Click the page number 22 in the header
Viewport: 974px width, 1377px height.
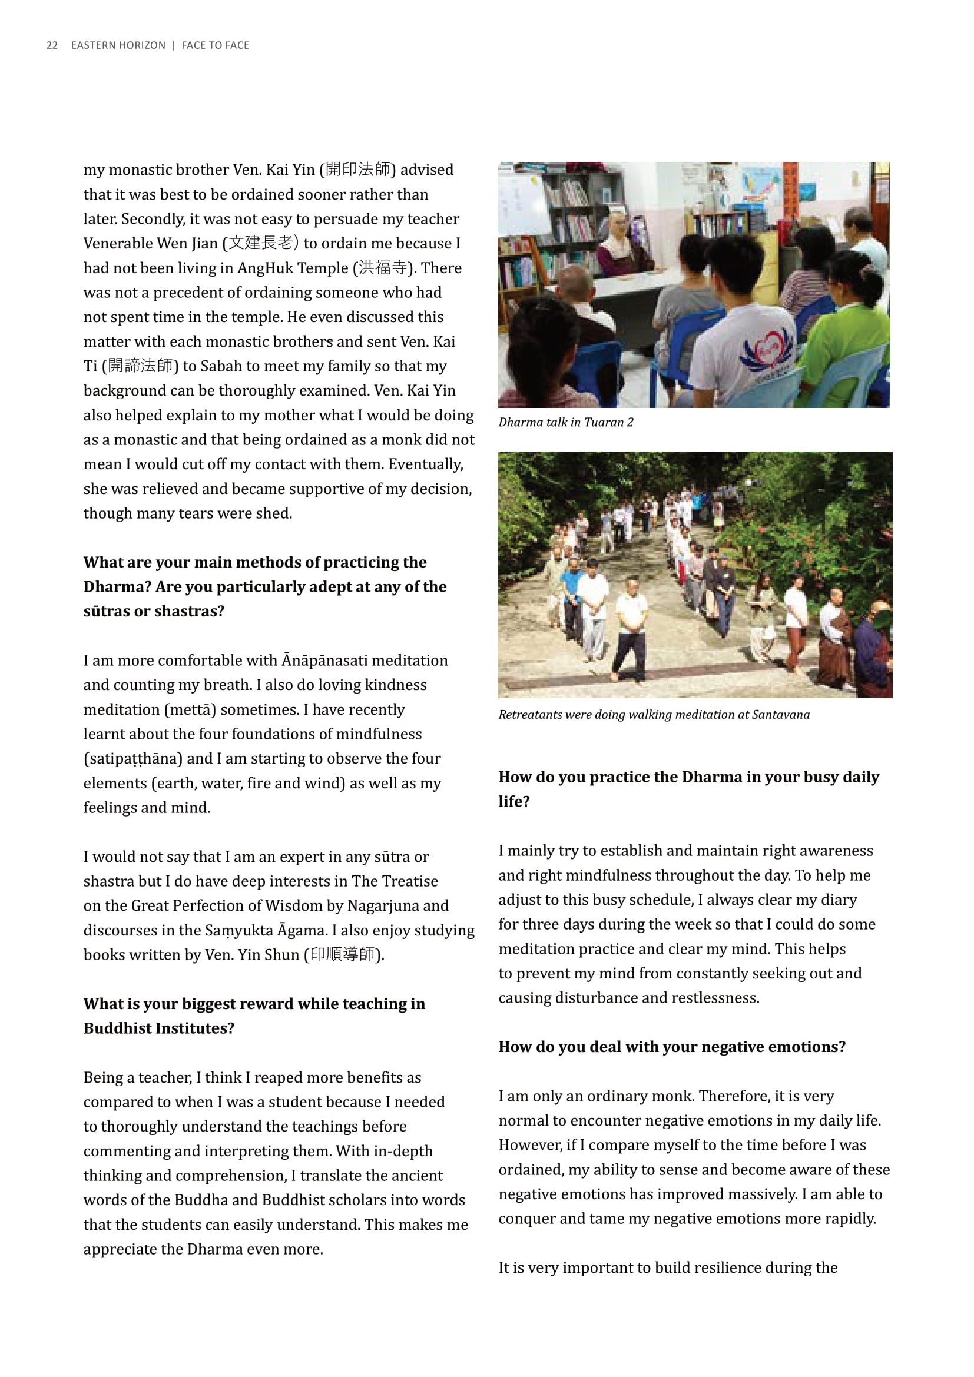point(52,45)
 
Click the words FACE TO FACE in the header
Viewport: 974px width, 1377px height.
point(216,45)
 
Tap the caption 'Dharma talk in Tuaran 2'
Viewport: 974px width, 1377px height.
point(565,422)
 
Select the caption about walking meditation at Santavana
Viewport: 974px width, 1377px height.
point(654,714)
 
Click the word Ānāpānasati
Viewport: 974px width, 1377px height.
point(324,661)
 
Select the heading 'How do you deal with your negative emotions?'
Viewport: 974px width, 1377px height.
point(672,1047)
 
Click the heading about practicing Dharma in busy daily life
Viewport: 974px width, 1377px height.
point(688,789)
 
